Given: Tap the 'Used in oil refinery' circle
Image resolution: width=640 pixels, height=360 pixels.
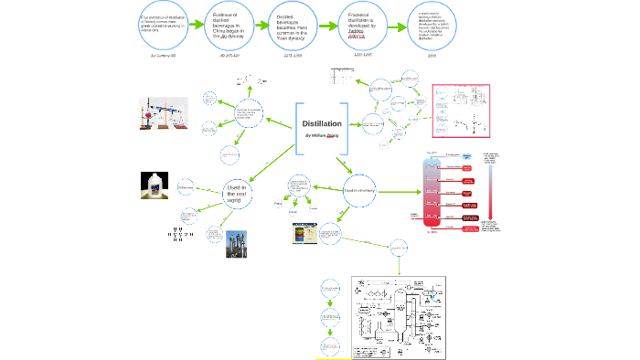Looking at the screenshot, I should click(357, 191).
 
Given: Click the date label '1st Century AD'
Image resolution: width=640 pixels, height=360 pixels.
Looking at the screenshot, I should click(162, 55).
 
